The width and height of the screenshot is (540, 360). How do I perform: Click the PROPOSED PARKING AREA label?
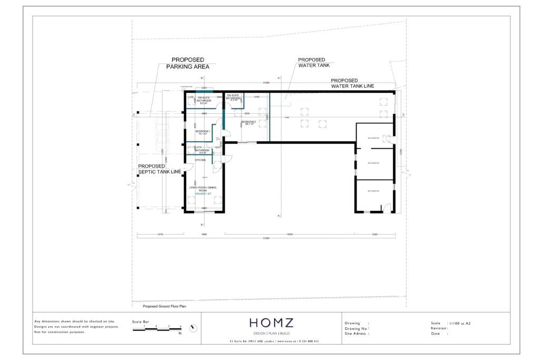pyautogui.click(x=188, y=63)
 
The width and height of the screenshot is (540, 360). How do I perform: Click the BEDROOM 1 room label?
pyautogui.click(x=202, y=132)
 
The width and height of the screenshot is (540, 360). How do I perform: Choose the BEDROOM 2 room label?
pyautogui.click(x=248, y=123)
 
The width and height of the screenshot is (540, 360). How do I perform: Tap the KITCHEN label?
pyautogui.click(x=200, y=160)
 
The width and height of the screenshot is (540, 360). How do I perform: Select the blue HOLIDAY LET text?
pyautogui.click(x=203, y=194)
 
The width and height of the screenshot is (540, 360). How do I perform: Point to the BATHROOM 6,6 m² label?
pyautogui.click(x=202, y=151)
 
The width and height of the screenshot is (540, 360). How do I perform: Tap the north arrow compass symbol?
pyautogui.click(x=194, y=328)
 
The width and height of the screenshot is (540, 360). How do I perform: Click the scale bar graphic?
pyautogui.click(x=157, y=329)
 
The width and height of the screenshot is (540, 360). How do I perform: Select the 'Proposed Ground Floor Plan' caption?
pyautogui.click(x=165, y=306)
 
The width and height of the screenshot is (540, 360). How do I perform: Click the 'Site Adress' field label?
pyautogui.click(x=356, y=334)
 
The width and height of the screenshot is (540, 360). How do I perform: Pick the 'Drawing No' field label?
pyautogui.click(x=356, y=328)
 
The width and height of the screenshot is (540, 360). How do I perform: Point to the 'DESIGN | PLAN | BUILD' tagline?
pyautogui.click(x=271, y=334)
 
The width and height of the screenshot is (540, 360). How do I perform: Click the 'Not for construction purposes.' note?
pyautogui.click(x=59, y=332)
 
